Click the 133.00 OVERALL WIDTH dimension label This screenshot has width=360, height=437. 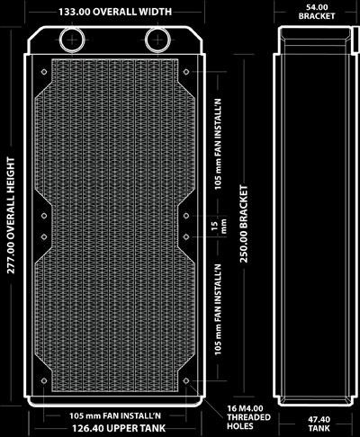[x=115, y=12]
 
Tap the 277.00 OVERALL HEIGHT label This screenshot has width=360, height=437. [x=11, y=215]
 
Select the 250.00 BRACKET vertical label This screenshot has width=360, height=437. [x=244, y=224]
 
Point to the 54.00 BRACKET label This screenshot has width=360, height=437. [x=317, y=12]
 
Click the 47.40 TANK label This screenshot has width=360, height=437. [x=319, y=424]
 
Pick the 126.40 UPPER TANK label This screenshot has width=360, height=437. [x=119, y=428]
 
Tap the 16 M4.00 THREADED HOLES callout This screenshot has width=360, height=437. [x=248, y=417]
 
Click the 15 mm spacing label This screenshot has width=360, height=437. [x=219, y=226]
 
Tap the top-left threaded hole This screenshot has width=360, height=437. [x=44, y=72]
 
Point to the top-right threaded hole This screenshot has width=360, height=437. [x=186, y=72]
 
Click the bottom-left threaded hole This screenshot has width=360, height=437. [x=44, y=380]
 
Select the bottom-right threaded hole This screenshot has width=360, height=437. [x=186, y=380]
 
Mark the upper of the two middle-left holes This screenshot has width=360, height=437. [x=44, y=216]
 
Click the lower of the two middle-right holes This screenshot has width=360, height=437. [x=186, y=236]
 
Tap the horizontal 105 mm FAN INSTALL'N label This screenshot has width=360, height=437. [x=115, y=415]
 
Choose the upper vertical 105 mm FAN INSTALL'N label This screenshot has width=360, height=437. [x=218, y=144]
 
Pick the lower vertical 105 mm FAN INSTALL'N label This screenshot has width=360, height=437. [x=218, y=309]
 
